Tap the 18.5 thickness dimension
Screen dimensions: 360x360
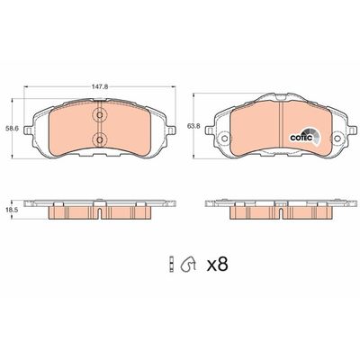click(13, 208)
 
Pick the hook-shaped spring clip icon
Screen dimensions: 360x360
click(188, 264)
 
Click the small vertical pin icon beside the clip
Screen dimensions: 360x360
click(169, 264)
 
